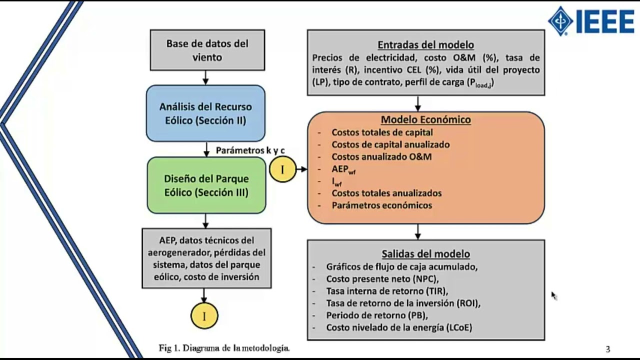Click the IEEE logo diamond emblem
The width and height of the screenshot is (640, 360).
560,21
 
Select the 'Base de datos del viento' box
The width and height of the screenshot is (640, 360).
207,50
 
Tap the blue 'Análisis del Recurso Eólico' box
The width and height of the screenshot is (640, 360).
205,113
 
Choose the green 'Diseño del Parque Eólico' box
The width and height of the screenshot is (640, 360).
206,185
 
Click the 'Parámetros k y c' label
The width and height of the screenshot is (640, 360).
250,150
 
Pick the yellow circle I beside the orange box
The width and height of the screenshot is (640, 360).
282,169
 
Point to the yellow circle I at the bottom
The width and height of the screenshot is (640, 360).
204,315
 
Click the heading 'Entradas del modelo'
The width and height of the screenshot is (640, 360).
425,45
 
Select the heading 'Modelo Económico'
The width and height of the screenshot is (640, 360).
425,120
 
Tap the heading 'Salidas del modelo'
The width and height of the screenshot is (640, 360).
425,254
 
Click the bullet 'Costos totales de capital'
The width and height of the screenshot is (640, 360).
382,132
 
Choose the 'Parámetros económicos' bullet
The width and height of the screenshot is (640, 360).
381,205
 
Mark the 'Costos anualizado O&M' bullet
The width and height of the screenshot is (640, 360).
381,157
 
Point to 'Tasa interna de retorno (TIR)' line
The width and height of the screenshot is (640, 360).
387,290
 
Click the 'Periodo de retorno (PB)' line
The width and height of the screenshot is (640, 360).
377,315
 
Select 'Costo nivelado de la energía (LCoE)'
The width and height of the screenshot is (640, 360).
399,327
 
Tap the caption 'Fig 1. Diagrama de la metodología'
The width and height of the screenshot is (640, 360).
224,348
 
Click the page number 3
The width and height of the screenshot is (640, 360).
607,349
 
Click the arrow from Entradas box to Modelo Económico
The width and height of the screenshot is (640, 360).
418,103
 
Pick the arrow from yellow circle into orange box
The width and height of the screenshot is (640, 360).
302,169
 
